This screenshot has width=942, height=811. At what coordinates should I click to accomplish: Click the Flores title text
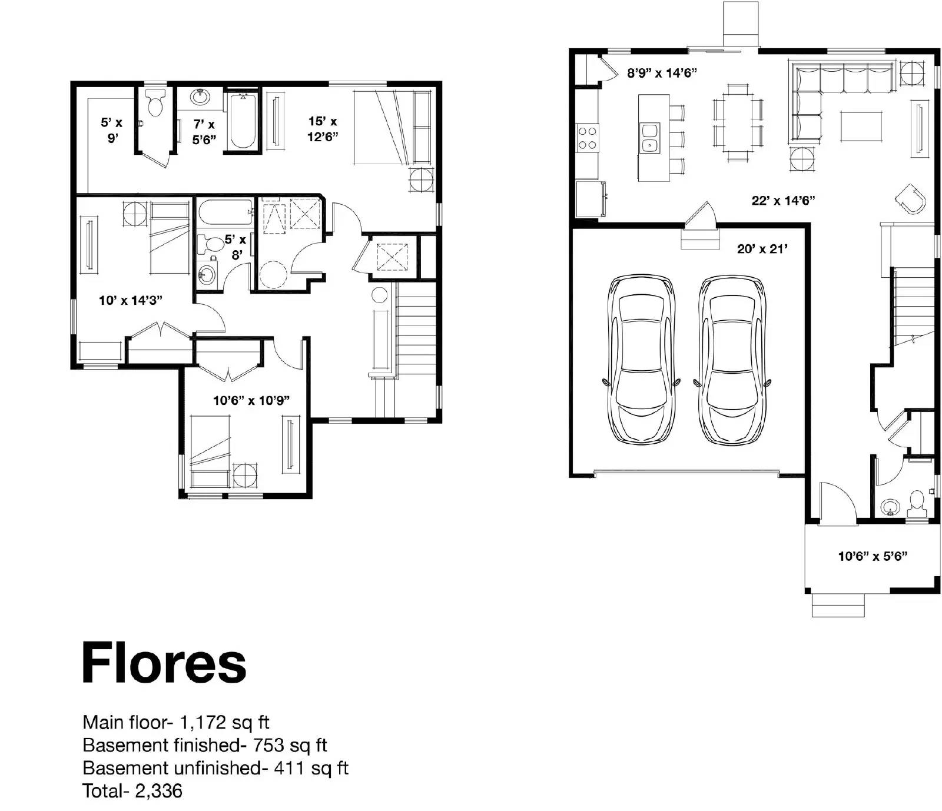point(164,663)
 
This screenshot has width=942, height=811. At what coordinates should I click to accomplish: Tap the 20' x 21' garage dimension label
point(762,249)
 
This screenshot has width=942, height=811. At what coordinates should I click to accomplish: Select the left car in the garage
point(641,360)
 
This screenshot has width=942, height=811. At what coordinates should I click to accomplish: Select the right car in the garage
point(732,360)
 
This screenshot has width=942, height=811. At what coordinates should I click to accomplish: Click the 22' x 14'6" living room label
point(783,201)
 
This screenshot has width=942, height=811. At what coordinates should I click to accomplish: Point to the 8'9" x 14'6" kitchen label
point(662,73)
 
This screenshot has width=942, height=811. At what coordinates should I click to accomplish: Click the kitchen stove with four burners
point(588,138)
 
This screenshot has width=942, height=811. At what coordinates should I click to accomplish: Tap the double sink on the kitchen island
point(650,137)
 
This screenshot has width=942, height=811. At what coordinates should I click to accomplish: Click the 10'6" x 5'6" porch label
point(873,556)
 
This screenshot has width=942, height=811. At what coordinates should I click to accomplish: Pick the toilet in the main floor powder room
point(917,502)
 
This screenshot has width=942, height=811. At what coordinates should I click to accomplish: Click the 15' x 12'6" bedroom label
point(323,129)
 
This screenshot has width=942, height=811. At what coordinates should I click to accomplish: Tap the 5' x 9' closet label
point(112,130)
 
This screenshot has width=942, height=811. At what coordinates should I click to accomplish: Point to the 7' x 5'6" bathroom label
point(204,132)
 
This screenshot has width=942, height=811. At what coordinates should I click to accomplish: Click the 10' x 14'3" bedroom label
point(131,301)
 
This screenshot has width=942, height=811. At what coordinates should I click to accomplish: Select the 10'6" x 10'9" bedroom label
point(251,401)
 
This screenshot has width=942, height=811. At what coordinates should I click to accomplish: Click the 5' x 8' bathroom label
point(235,247)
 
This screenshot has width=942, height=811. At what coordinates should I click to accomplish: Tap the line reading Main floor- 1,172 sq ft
point(176,722)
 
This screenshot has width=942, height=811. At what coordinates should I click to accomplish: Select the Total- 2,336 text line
point(132,790)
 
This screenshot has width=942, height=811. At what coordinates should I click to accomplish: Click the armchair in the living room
point(911,198)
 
